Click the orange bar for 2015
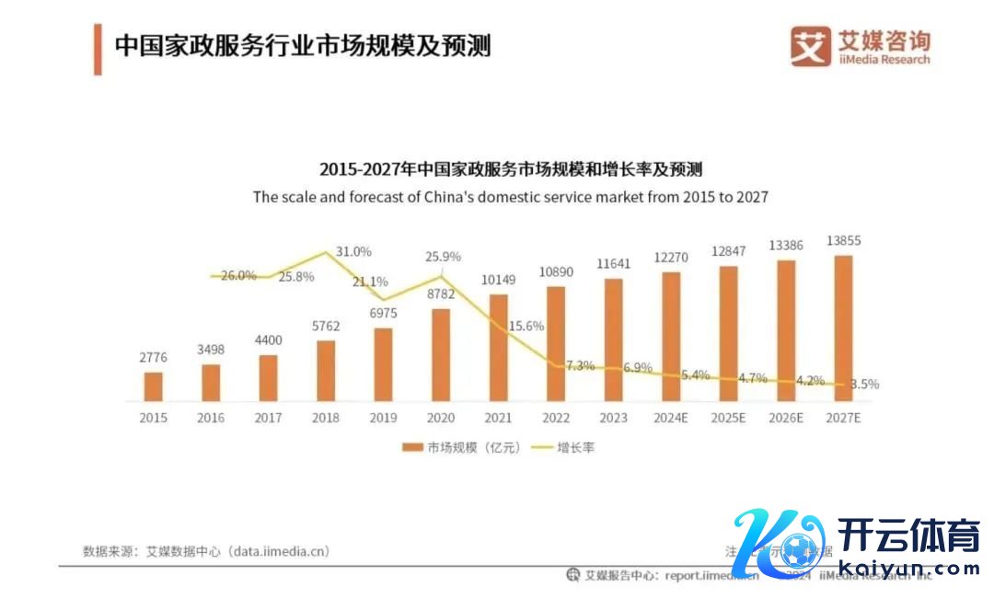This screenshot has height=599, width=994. [x=154, y=386]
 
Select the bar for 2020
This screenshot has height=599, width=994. [x=441, y=355]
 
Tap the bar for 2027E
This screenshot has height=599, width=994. [x=843, y=328]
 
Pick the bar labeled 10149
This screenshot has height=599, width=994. [x=498, y=348]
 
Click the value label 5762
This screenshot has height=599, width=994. [x=326, y=326]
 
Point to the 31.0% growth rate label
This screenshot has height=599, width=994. [x=353, y=251]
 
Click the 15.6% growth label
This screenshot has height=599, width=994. [x=526, y=326]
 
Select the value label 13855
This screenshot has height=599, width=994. [x=843, y=241]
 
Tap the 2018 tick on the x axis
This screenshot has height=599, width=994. [x=326, y=418]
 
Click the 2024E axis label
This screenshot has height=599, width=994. [x=671, y=418]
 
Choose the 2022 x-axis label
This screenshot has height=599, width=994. [x=556, y=418]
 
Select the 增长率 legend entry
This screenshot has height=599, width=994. [x=567, y=448]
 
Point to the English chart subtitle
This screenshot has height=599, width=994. [x=510, y=197]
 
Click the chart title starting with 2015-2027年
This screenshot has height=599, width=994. [x=510, y=169]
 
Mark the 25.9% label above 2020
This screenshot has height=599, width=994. [x=443, y=257]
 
